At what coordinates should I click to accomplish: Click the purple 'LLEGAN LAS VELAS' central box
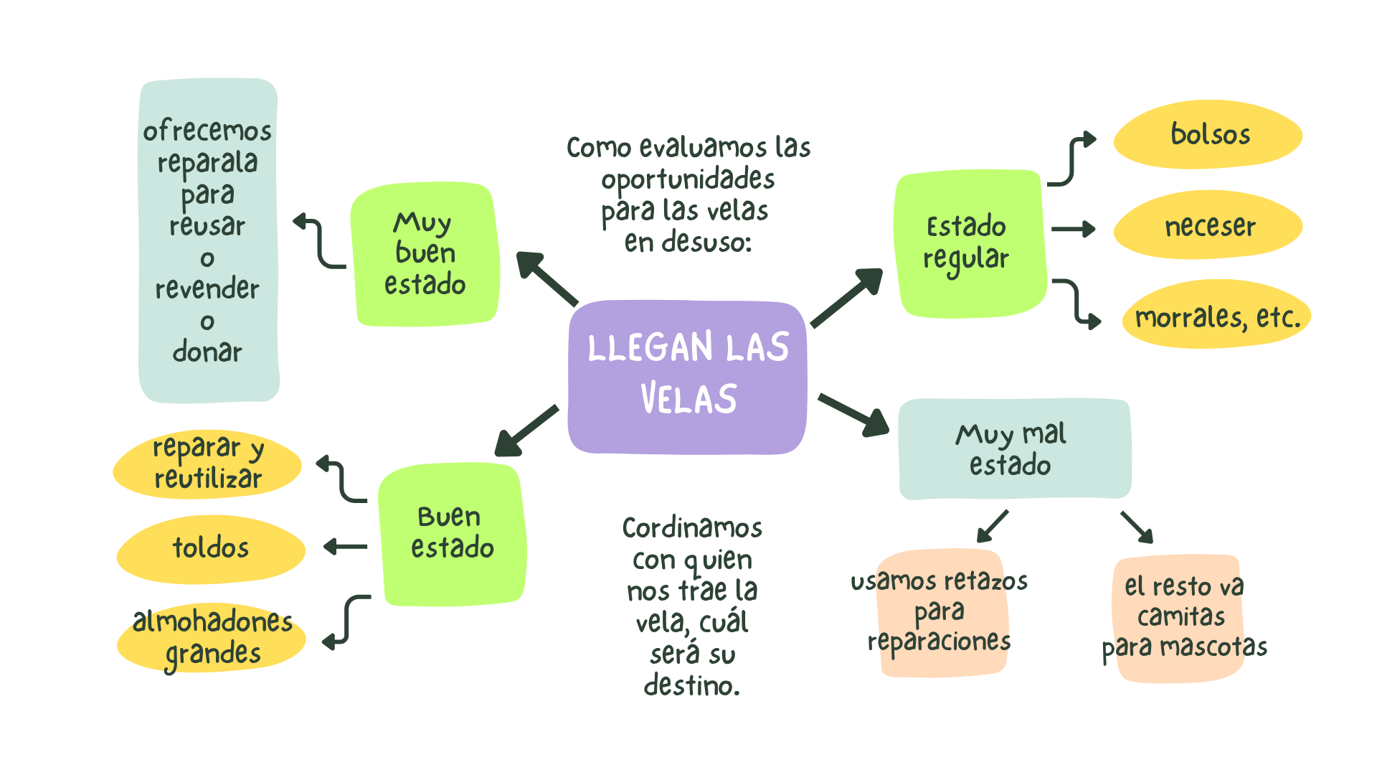coord(687,377)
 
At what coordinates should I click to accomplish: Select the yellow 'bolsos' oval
coord(1208,135)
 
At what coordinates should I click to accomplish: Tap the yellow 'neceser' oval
coord(1208,226)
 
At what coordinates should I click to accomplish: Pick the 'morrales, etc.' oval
coord(1216,316)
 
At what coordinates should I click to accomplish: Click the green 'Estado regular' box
coord(968,244)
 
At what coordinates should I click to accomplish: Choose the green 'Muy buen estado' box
coord(425,254)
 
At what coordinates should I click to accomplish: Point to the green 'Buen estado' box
coord(452,535)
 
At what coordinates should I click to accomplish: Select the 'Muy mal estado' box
coord(1013,449)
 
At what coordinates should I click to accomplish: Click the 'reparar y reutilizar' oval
coord(208,464)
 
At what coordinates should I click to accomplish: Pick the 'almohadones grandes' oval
coord(212,637)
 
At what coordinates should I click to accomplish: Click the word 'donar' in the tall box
coord(207,352)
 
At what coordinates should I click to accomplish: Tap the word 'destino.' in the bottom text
coord(691,685)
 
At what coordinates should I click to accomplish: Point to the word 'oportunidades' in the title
coord(688,179)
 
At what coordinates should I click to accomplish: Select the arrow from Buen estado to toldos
coord(345,548)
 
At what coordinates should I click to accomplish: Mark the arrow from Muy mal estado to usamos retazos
coord(993,526)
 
